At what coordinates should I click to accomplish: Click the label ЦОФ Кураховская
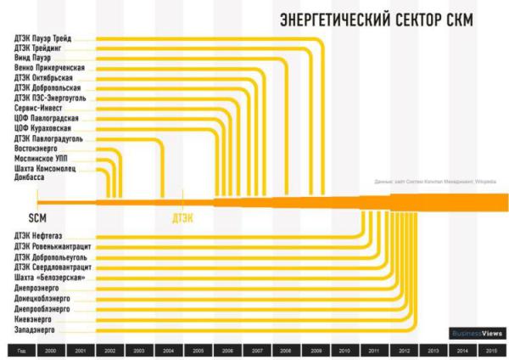(x=44, y=128)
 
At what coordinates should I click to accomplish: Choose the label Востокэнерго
(x=38, y=148)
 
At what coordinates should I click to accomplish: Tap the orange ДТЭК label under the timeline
(x=183, y=217)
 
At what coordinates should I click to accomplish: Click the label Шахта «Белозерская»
(x=50, y=278)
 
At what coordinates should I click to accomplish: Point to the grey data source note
(x=428, y=181)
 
